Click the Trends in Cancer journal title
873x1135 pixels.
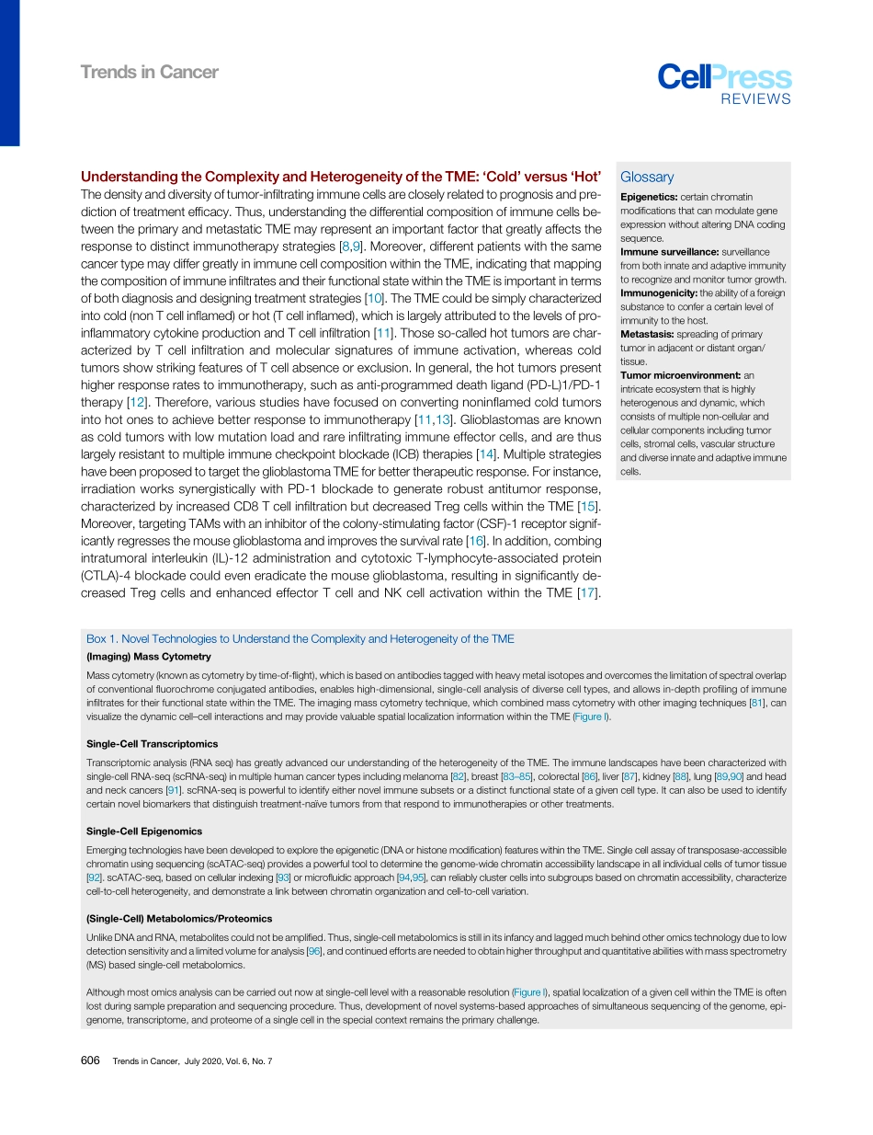coord(149,72)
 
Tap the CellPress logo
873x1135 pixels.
coord(723,77)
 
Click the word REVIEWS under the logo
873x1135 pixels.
coord(754,99)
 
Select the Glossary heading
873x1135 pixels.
coord(647,178)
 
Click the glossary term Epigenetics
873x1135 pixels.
coord(649,197)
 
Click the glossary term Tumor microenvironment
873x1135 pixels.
coord(680,374)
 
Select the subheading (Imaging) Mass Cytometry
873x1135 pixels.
coord(149,657)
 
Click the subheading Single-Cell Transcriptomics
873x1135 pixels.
coord(152,743)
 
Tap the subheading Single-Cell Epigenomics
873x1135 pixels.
coord(144,831)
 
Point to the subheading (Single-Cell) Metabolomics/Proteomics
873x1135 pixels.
coord(179,919)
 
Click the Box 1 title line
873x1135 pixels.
coord(300,638)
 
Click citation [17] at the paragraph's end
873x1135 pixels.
coord(587,592)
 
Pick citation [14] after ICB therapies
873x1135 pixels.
coord(486,455)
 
